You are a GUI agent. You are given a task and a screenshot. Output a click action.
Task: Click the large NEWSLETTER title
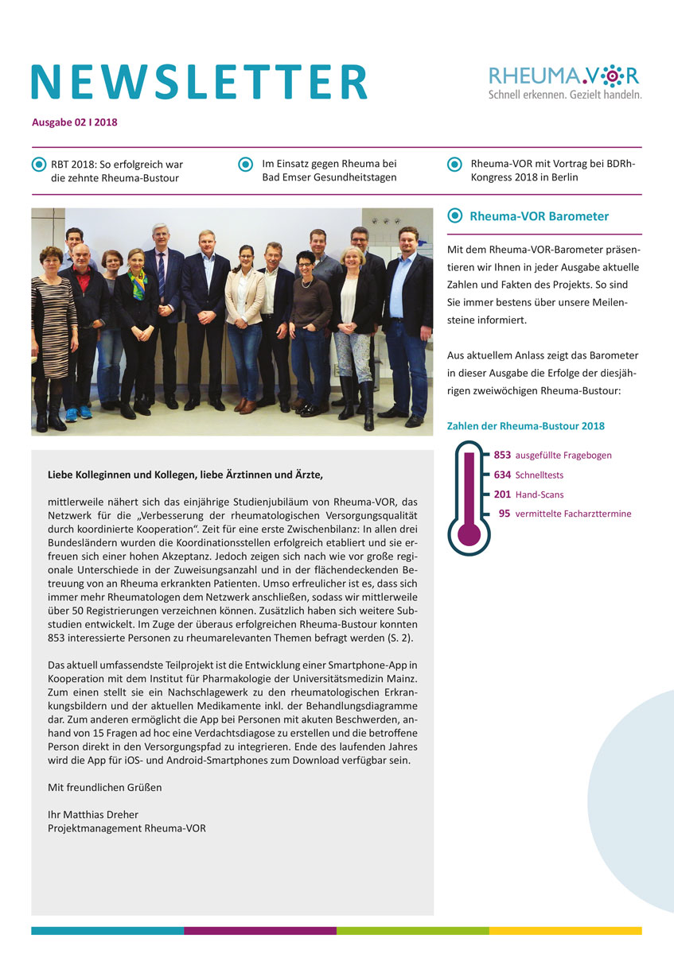pos(199,81)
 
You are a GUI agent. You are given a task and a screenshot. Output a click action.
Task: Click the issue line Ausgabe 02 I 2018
pos(75,122)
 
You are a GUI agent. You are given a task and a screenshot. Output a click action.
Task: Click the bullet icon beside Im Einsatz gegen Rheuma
pos(246,165)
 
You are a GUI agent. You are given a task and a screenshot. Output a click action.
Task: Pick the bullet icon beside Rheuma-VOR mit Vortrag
pos(454,165)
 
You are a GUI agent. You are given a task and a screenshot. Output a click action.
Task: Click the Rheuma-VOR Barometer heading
pos(539,216)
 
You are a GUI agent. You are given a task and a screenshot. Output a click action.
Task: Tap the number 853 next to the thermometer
pos(502,456)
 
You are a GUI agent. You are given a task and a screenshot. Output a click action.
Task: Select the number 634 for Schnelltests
pos(502,475)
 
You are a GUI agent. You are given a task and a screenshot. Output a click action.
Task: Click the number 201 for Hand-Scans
pos(502,494)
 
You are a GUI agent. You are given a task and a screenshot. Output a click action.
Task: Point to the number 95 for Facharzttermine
pos(505,514)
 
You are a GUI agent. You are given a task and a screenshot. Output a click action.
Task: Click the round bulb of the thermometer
pos(469,532)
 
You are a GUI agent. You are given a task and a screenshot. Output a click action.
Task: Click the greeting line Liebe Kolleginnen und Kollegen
pos(186,475)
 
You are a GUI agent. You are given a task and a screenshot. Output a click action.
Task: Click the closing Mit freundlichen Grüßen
pos(104,788)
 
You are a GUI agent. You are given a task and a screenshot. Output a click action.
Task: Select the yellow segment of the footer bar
pos(565,930)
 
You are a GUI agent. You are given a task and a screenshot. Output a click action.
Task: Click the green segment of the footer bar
pos(412,930)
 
